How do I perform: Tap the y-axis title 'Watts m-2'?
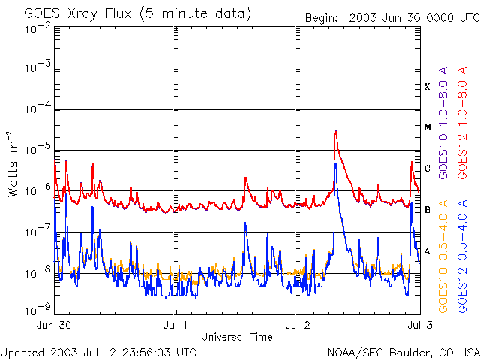(x=13, y=163)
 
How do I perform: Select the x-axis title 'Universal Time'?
(x=236, y=337)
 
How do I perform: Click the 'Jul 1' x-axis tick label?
(x=175, y=325)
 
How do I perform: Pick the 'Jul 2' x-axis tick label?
(x=298, y=325)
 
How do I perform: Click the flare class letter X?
(x=427, y=87)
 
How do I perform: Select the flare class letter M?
(x=427, y=127)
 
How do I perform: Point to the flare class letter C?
(x=427, y=168)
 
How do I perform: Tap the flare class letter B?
(x=427, y=210)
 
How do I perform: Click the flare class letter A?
(x=427, y=250)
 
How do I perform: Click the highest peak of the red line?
(x=335, y=132)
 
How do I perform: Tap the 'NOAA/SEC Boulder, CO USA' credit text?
(x=403, y=352)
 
